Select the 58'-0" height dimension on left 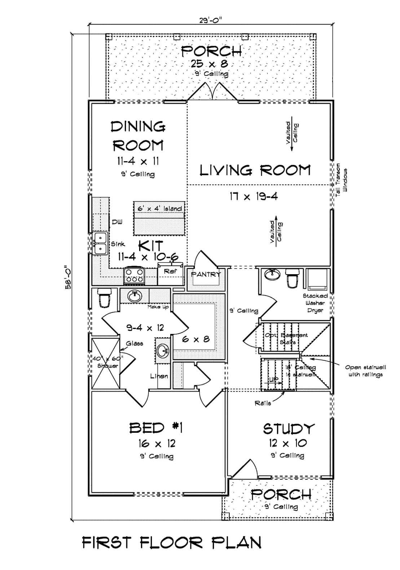[67, 278]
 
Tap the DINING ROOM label [138, 136]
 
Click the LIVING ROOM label [255, 170]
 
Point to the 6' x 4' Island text [160, 208]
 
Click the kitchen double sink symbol [100, 243]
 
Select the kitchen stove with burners [135, 276]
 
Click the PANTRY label [206, 275]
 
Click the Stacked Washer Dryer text [315, 303]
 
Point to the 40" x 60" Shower [105, 362]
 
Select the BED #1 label [156, 428]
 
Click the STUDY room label [289, 429]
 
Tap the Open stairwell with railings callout [365, 371]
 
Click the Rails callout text [263, 403]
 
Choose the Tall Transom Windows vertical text [342, 179]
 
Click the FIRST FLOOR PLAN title [172, 543]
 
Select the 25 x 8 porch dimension [209, 64]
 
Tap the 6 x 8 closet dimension [196, 339]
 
